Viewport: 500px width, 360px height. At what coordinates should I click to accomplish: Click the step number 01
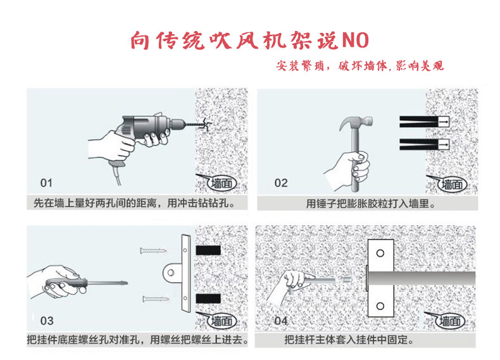(46, 184)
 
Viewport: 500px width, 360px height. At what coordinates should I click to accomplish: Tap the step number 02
(281, 183)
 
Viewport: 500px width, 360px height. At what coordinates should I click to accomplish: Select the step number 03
(46, 321)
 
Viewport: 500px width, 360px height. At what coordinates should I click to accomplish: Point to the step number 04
(281, 321)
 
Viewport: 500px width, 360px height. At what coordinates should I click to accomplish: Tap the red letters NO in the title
(356, 40)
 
